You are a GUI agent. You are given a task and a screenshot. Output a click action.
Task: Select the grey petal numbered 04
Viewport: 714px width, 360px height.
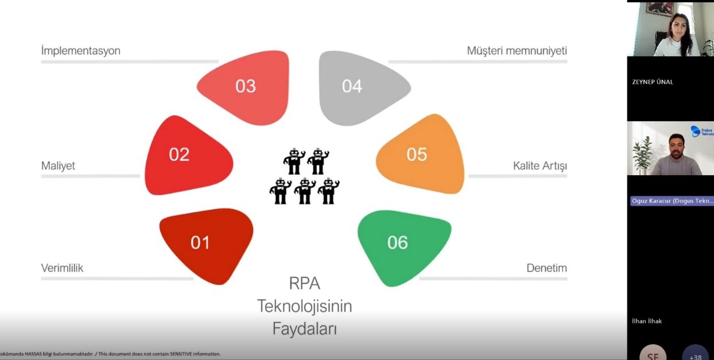point(362,88)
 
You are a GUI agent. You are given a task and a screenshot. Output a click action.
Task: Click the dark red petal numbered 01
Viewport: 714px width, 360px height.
point(207,244)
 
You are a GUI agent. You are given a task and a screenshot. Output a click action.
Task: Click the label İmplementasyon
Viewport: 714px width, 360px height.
point(81,51)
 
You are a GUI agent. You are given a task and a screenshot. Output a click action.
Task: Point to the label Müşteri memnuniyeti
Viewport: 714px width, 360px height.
point(517,51)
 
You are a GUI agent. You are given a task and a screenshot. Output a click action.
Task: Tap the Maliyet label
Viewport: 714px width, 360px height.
point(58,166)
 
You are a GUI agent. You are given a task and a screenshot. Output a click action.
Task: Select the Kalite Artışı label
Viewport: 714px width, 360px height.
point(540,166)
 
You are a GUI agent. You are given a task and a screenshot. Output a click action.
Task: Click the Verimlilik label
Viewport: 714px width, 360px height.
point(62,268)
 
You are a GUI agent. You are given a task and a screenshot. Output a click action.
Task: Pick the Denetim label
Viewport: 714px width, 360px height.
point(546,268)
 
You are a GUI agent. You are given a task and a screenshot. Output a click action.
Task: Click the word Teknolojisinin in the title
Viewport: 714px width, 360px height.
point(304,306)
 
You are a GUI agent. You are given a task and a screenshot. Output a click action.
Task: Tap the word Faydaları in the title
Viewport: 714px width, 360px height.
point(304,328)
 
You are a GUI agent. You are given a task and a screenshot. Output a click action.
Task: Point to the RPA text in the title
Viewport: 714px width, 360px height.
point(304,283)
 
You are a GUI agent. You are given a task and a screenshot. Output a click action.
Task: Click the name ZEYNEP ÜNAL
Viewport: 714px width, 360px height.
point(653,82)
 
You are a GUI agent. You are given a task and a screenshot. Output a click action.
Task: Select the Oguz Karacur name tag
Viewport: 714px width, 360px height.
point(672,201)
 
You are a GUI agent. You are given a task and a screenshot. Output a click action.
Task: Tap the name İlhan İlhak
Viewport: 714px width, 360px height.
point(647,321)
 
